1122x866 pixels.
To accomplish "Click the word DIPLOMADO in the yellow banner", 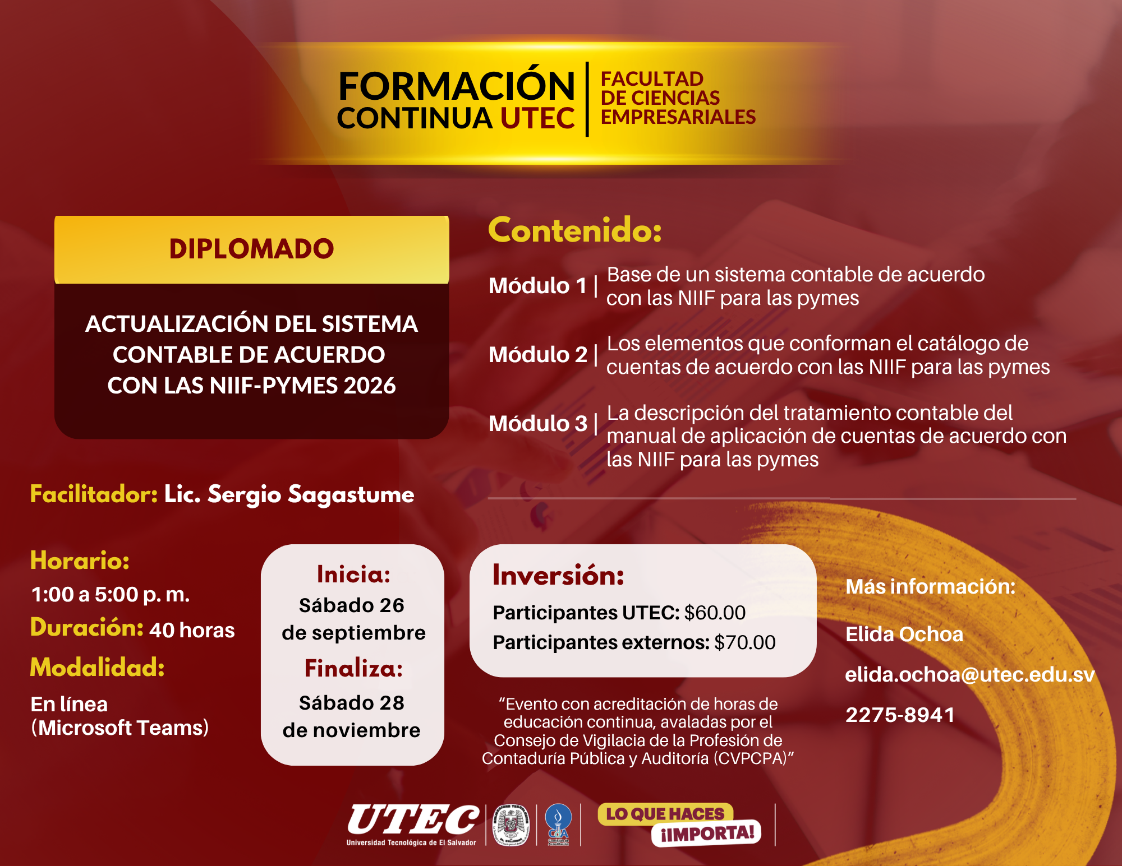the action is click(251, 249).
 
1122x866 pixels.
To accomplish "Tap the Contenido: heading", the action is click(575, 230).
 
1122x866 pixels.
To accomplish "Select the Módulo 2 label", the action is click(537, 354).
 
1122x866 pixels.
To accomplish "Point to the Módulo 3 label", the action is click(537, 423).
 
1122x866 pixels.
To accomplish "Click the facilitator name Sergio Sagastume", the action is click(311, 495).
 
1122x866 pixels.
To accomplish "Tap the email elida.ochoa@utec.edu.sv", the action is click(970, 674).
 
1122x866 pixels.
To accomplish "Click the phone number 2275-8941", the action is click(900, 715).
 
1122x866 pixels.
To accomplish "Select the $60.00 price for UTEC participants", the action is click(715, 613).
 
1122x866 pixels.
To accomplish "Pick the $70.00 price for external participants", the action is click(745, 642).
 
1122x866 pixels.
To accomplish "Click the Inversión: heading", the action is click(558, 575).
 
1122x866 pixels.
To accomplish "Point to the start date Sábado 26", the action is click(352, 605).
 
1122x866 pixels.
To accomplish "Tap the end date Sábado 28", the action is click(352, 703).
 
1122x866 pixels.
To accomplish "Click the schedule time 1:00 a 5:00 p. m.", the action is click(111, 595).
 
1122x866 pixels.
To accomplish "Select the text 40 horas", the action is click(192, 630).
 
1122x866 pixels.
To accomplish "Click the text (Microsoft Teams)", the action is click(120, 728).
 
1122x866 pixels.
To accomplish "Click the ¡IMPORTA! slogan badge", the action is click(706, 833).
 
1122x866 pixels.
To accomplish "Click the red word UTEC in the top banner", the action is click(537, 118).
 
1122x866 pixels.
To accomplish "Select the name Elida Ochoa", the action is click(904, 634).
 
